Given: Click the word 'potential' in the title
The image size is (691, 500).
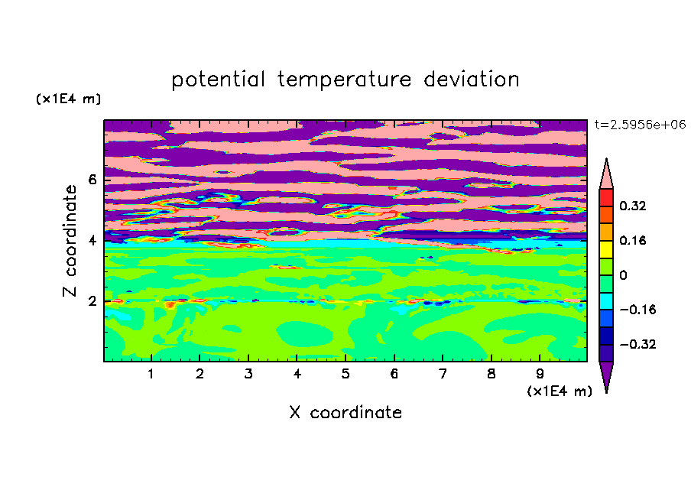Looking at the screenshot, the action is click(x=218, y=80).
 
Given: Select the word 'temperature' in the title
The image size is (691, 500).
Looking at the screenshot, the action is click(x=345, y=80).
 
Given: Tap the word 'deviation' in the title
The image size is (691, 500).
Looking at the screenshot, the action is click(x=472, y=80).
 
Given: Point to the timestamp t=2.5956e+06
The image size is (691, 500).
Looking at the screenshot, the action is click(x=641, y=125).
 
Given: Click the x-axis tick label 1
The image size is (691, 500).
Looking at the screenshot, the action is click(x=151, y=374).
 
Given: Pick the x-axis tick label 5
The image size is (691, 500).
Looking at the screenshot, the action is click(x=345, y=374).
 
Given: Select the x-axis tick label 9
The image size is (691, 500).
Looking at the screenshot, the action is click(x=540, y=374).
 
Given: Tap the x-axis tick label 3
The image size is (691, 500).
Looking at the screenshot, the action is click(x=248, y=374).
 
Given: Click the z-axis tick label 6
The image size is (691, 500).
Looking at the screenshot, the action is click(x=92, y=180).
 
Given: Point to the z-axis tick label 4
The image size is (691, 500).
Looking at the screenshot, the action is click(x=92, y=241).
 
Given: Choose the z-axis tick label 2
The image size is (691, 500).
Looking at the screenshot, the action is click(x=92, y=301).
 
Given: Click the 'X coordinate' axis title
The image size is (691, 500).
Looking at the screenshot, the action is click(x=345, y=412).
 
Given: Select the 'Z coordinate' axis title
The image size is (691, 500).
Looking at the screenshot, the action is click(x=70, y=241).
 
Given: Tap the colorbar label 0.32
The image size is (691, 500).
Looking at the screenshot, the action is click(x=633, y=206).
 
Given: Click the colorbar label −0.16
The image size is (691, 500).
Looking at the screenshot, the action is click(x=637, y=310).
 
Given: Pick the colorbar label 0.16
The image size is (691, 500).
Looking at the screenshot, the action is click(x=633, y=240).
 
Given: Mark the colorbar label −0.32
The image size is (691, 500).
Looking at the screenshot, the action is click(x=637, y=344).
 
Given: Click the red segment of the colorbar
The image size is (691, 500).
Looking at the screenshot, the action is click(x=606, y=197).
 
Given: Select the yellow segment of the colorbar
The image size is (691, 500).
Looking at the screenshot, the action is click(x=606, y=249).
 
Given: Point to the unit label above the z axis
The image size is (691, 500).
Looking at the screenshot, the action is click(x=68, y=99).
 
